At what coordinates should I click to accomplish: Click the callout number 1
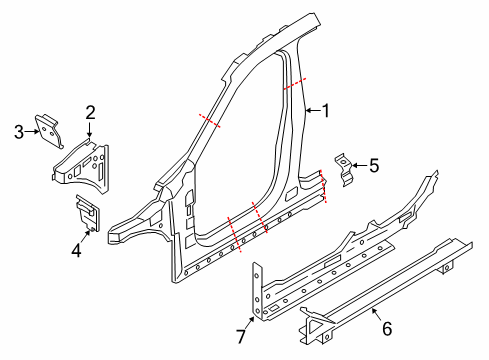pyautogui.click(x=325, y=111)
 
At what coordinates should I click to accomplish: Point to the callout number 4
pyautogui.click(x=75, y=252)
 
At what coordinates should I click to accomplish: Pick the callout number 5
pyautogui.click(x=374, y=165)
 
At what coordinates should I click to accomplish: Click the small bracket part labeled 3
pyautogui.click(x=47, y=127)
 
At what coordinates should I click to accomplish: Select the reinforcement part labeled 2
pyautogui.click(x=84, y=164)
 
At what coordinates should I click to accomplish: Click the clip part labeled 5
pyautogui.click(x=345, y=167)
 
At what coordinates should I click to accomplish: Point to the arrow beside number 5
pyautogui.click(x=359, y=165)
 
